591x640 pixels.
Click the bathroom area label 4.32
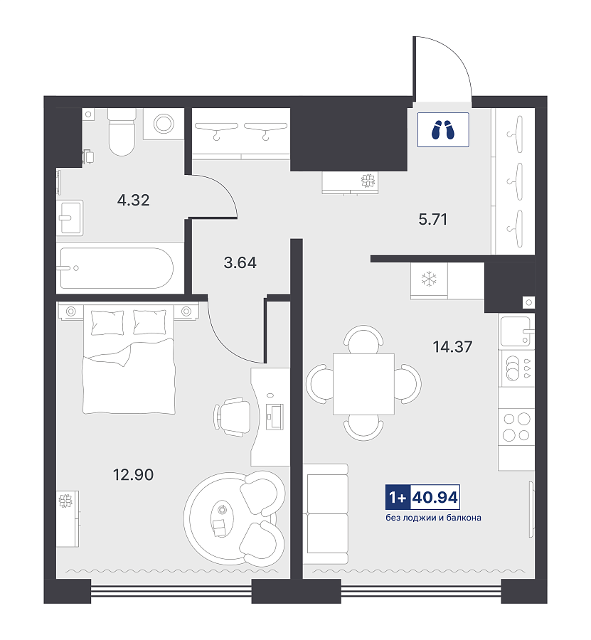133,200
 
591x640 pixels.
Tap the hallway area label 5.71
432,220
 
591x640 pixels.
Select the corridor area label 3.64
240,262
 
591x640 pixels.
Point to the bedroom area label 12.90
133,475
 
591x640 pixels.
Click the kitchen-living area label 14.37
452,347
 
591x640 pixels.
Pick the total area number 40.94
435,498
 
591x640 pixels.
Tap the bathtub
117,268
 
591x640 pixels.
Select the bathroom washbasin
70,218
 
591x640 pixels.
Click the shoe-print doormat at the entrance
443,130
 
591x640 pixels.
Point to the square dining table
363,384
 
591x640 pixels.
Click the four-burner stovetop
516,427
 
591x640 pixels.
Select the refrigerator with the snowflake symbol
429,280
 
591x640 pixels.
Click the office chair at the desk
232,417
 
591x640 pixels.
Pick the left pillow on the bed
107,322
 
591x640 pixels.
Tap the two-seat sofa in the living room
326,514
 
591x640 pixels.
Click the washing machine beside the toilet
164,124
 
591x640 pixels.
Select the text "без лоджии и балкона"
433,518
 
